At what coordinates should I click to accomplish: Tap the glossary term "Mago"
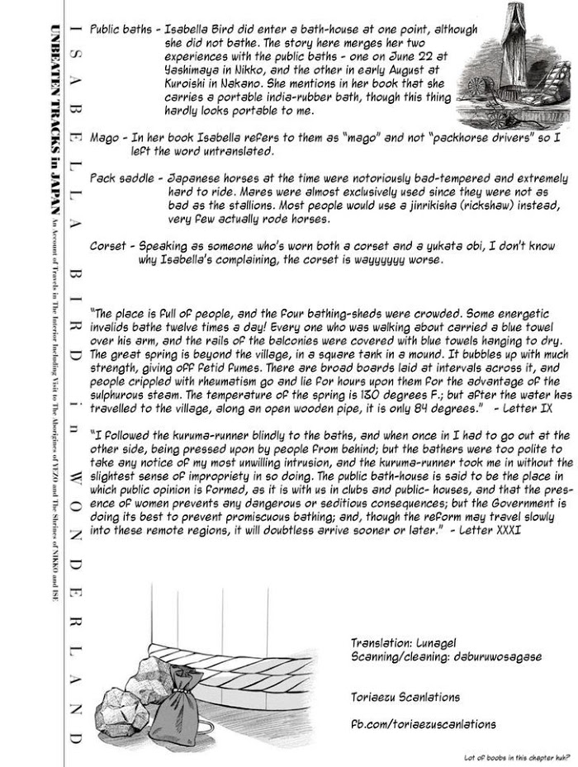coord(105,138)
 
